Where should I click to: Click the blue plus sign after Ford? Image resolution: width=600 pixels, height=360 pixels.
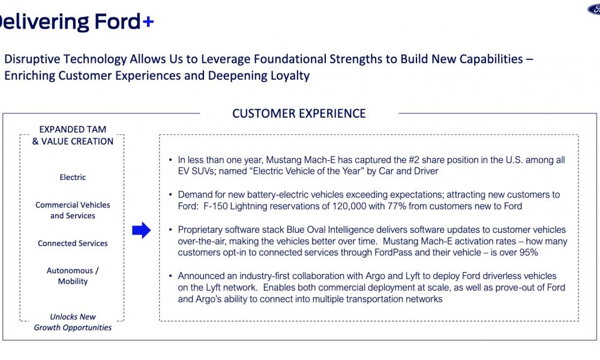click(148, 22)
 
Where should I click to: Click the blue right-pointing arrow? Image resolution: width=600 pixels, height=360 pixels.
click(141, 230)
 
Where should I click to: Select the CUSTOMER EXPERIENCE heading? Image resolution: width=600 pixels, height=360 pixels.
click(299, 113)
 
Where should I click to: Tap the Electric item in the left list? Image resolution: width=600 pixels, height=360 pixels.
click(73, 177)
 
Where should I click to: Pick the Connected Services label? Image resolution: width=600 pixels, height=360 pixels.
click(73, 244)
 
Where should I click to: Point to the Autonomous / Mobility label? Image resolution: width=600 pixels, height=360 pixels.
click(73, 276)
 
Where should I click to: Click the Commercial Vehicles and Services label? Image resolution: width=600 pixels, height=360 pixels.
click(73, 210)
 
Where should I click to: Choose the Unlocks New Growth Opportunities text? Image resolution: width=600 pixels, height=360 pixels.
click(73, 322)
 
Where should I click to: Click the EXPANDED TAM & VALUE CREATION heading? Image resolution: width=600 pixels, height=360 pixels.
click(73, 135)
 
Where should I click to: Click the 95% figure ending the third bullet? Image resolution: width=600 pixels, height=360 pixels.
click(529, 253)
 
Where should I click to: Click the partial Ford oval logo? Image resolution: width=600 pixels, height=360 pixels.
click(594, 10)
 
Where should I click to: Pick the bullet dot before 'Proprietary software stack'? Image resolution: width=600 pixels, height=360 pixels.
click(170, 230)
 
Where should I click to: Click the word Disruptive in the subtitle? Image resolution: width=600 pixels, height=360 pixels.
click(32, 59)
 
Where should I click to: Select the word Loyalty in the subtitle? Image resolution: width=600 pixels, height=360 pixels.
click(290, 76)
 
